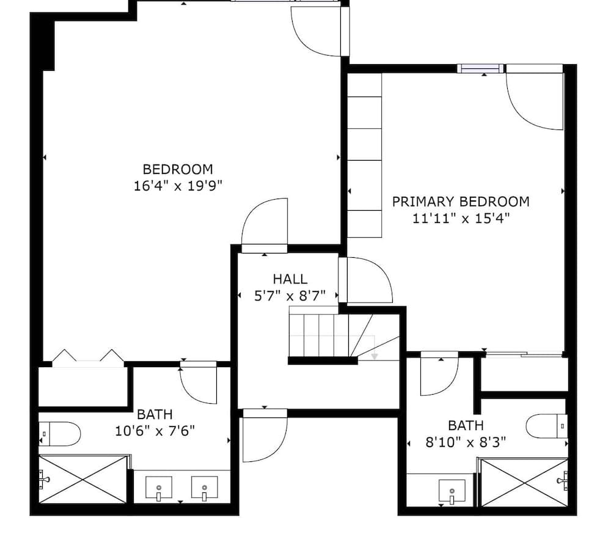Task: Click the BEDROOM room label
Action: point(177,169)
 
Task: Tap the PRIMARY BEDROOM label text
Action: point(461,202)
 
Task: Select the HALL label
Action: point(290,279)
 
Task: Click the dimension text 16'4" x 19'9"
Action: point(177,186)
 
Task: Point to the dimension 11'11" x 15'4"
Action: point(461,218)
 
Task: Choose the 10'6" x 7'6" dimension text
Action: point(155,431)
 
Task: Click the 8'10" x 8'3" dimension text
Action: point(466,442)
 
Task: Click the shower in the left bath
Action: point(84,479)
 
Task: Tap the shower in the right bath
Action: point(524,483)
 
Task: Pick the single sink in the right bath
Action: point(452,491)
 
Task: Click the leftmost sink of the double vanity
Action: point(159,488)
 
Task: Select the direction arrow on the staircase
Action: point(374,354)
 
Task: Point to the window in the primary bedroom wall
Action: point(481,68)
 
